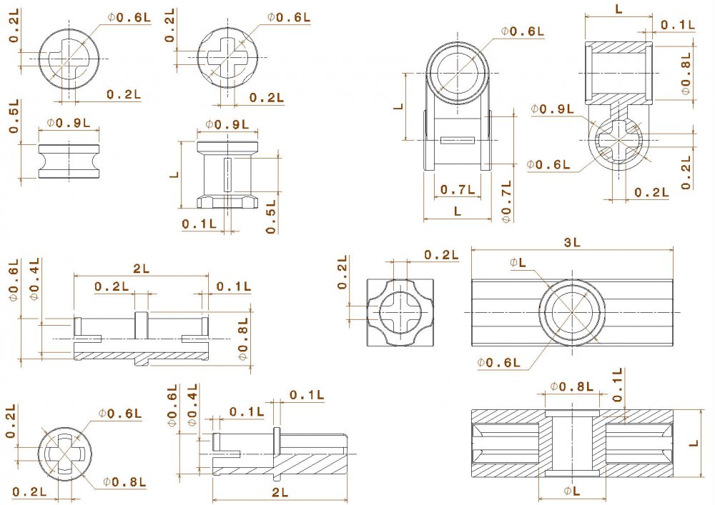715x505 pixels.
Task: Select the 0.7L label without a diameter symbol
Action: [x=458, y=189]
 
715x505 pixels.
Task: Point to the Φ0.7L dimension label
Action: [x=506, y=202]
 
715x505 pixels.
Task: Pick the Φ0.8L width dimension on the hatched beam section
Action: [x=572, y=387]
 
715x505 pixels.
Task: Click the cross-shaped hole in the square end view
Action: [x=395, y=312]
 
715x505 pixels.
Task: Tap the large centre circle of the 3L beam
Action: [x=572, y=312]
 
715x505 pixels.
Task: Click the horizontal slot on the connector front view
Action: [x=458, y=140]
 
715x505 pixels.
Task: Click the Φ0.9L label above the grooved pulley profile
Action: [x=69, y=122]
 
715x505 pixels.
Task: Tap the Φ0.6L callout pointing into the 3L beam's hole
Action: [x=500, y=363]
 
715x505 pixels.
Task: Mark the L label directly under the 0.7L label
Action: [x=458, y=212]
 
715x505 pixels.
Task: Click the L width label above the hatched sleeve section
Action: [x=618, y=9]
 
